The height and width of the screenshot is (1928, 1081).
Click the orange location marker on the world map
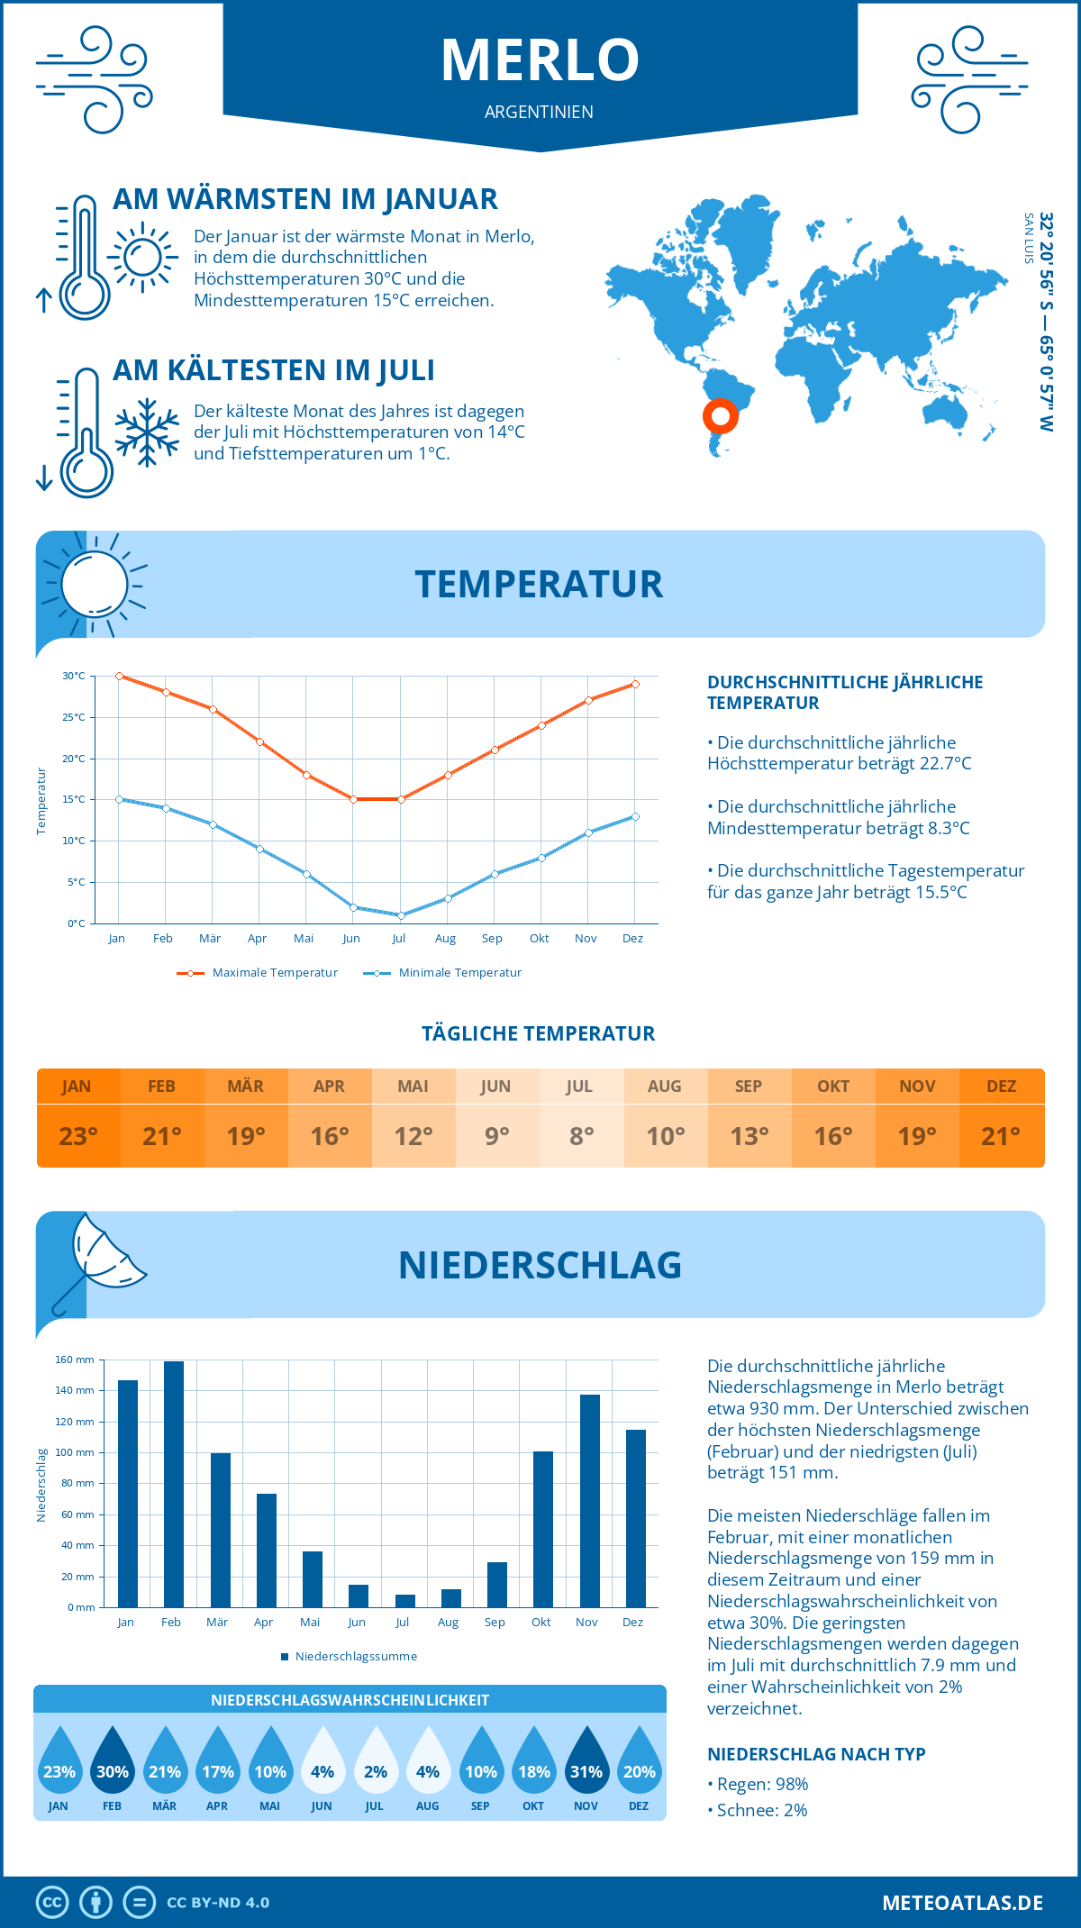pos(720,415)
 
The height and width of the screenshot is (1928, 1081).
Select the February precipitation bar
pos(173,1484)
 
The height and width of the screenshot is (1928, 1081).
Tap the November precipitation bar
pos(589,1500)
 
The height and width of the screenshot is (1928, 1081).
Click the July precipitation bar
pos(404,1600)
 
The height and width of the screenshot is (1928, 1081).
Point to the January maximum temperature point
pos(119,676)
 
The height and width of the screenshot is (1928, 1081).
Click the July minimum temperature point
pos(401,915)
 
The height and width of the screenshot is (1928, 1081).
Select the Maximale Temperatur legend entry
pos(258,973)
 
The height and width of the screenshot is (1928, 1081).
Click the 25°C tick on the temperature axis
pos(74,717)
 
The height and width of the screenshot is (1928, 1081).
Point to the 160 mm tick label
pos(75,1360)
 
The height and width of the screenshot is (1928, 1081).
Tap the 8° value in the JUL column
pos(581,1136)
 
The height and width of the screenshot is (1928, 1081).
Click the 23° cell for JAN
pos(77,1136)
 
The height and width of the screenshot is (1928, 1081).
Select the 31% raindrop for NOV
pos(586,1762)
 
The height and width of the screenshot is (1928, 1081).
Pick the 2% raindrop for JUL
pos(375,1762)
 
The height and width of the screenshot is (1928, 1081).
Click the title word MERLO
pos(540,59)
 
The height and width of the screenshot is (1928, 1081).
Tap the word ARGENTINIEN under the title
pos(539,112)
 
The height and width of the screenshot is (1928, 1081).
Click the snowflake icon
pos(147,432)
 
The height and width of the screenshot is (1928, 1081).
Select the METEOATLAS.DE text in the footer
pos(962,1903)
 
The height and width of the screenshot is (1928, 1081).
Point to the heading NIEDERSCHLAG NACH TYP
pos(816,1754)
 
